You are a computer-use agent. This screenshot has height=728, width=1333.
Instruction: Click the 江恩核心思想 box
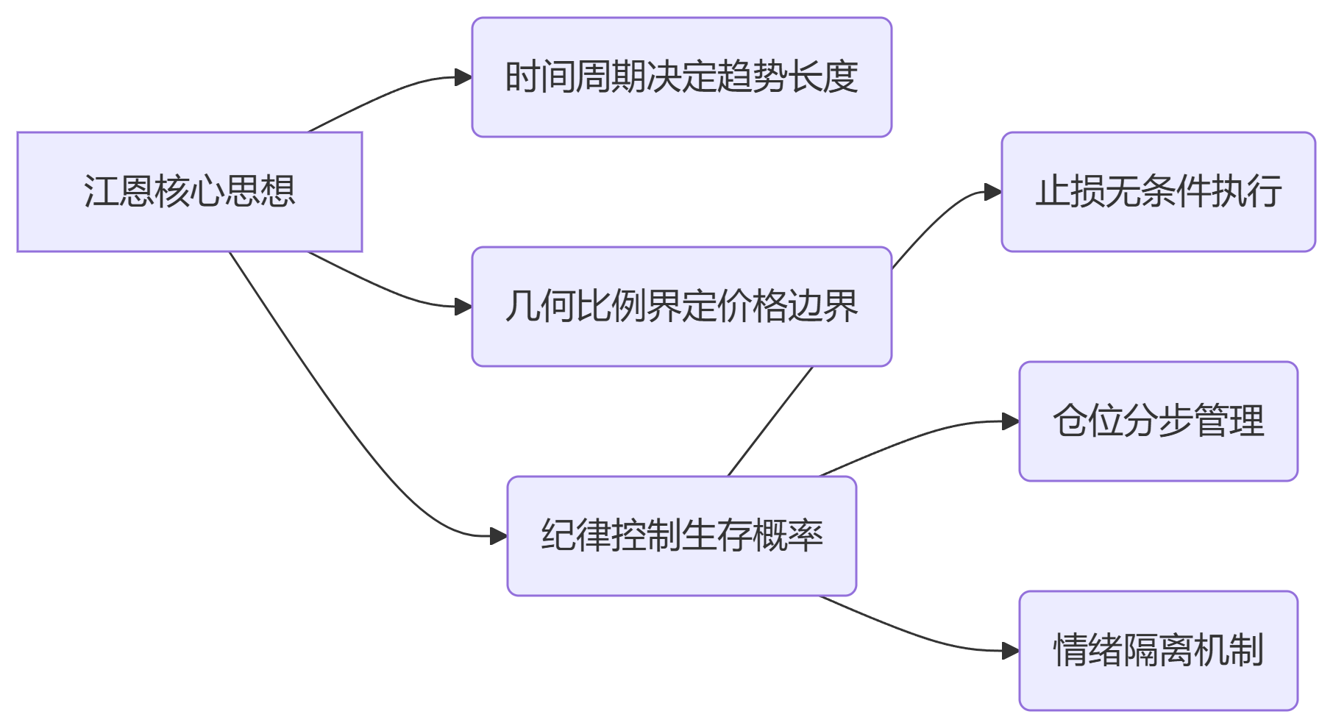[x=190, y=192]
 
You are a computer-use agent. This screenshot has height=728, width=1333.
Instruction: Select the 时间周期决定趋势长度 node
[x=681, y=77]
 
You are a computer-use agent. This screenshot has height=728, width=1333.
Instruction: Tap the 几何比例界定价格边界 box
[x=681, y=307]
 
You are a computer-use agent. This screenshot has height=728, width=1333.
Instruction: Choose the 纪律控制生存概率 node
[x=681, y=536]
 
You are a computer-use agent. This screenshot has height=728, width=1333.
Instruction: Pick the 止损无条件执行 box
[x=1158, y=192]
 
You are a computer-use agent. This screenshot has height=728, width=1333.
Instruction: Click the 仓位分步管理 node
[x=1158, y=421]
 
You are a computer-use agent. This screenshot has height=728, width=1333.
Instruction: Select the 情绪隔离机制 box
[x=1158, y=651]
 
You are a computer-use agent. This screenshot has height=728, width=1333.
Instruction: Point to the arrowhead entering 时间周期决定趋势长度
[x=463, y=77]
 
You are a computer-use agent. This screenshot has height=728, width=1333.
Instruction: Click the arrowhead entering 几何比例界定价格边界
[x=463, y=307]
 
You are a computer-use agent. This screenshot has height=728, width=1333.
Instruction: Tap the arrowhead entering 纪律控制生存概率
[x=499, y=536]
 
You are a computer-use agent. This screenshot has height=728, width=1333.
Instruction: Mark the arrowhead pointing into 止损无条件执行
[x=993, y=193]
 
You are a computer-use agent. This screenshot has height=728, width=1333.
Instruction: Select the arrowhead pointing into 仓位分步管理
[x=1011, y=421]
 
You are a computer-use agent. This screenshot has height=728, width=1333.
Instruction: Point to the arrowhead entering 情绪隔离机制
[x=1011, y=651]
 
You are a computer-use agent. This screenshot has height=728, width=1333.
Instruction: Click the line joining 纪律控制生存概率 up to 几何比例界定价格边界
[x=770, y=421]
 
